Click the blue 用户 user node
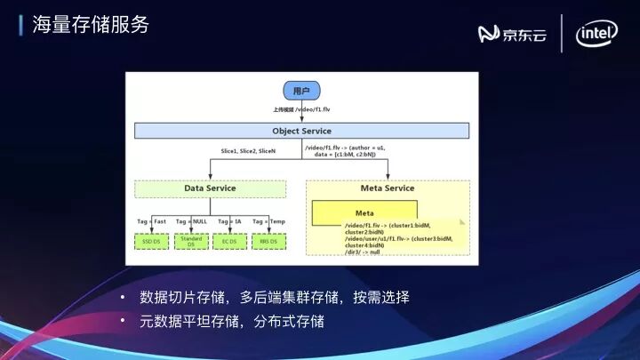click(300, 91)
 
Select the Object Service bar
click(301, 131)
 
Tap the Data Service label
click(210, 188)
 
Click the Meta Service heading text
click(387, 188)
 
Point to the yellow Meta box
click(364, 213)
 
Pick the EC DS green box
click(229, 241)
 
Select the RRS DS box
click(267, 241)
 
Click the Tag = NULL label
click(191, 220)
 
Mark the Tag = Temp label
click(268, 220)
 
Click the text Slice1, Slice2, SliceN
click(249, 151)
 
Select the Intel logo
click(597, 35)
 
